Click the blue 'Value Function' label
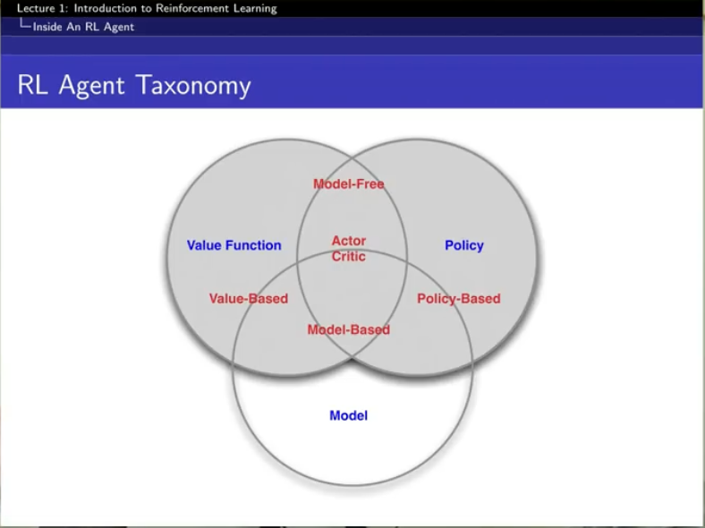234,245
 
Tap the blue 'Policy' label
463,245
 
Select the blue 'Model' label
348,415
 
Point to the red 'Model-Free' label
348,184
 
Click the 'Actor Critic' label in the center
349,248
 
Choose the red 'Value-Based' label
248,298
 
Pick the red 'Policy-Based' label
458,298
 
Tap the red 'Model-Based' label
348,329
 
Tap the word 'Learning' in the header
254,8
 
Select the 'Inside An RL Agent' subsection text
83,27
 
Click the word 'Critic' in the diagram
349,256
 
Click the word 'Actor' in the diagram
349,241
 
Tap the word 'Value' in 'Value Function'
204,245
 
